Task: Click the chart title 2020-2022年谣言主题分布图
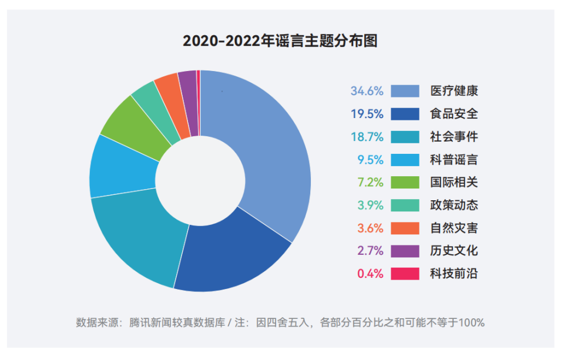tap(280, 41)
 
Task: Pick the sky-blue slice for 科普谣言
tap(120, 167)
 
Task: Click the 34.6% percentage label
tap(367, 91)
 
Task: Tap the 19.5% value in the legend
tap(367, 114)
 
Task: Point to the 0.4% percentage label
tap(370, 274)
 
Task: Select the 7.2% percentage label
tap(370, 182)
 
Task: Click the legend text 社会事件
tap(454, 137)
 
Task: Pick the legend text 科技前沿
tap(454, 274)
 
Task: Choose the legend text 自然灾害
tap(454, 228)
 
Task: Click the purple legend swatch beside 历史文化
tap(405, 251)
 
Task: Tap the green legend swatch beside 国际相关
tap(405, 182)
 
